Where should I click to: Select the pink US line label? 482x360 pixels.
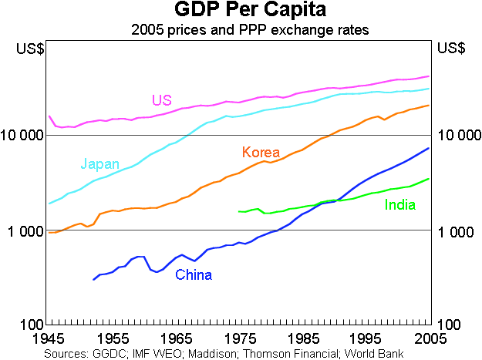pos(161,100)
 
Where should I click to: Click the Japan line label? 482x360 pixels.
pos(99,164)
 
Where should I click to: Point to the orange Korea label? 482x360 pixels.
pos(261,152)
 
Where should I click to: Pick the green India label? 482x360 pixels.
pos(399,204)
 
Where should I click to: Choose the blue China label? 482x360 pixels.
pos(193,274)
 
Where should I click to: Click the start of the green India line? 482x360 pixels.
pos(239,211)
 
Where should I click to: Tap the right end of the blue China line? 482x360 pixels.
pos(429,148)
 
